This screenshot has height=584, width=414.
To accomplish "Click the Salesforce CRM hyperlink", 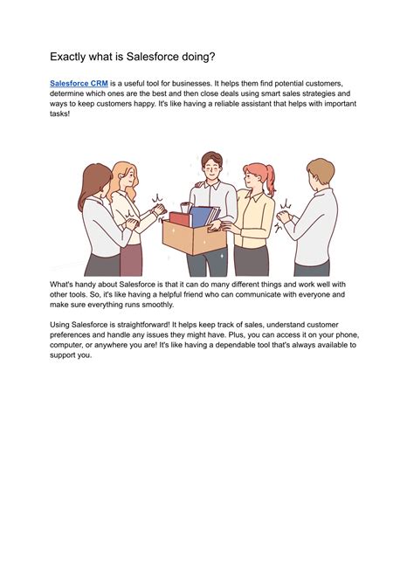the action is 79,84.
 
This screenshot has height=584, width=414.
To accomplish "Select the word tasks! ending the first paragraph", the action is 59,113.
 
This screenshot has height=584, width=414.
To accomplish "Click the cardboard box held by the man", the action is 194,237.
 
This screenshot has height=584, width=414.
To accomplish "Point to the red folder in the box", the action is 180,218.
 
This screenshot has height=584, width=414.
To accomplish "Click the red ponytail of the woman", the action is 270,181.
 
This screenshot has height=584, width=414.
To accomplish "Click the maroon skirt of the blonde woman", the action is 131,260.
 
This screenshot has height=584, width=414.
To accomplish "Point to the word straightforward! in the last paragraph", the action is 143,325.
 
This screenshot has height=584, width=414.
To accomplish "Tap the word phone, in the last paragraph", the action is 348,335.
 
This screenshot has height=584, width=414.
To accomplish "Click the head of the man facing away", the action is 320,172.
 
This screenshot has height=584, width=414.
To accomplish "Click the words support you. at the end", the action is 71,355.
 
